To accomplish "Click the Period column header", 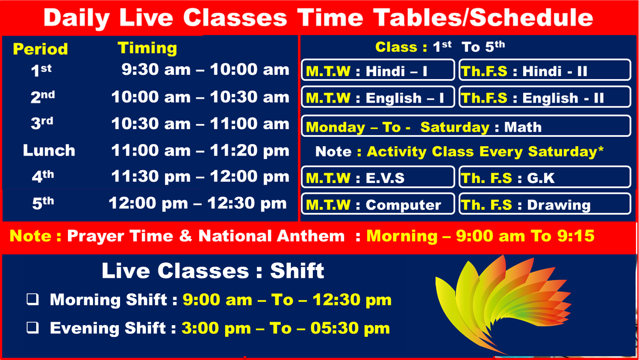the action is click(40, 49).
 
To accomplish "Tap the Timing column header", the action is click(147, 48).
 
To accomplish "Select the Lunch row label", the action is click(49, 150).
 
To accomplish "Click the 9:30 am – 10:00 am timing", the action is click(205, 69).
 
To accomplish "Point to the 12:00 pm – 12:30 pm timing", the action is click(198, 203).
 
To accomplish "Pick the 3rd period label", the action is click(42, 123).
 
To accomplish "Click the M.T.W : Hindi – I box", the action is click(378, 70).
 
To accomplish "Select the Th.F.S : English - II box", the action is click(545, 97).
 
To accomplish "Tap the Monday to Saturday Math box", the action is click(466, 126).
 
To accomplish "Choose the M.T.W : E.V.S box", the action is click(378, 177).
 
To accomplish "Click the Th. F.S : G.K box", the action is click(545, 177).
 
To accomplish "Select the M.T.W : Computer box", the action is click(378, 204).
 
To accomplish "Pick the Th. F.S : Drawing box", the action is click(545, 204).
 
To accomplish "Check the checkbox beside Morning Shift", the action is click(33, 299).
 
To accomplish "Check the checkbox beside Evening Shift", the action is click(33, 328).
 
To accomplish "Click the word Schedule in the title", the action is click(531, 18).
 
